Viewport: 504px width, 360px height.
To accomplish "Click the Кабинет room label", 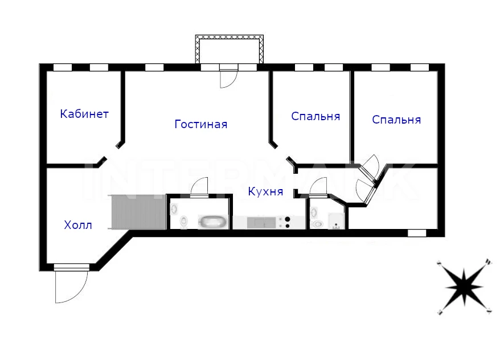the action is [84, 114].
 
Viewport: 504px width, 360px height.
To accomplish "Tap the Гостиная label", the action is [201, 124].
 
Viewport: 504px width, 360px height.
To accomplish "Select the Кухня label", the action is [265, 191].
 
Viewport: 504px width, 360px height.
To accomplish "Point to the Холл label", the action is [78, 224].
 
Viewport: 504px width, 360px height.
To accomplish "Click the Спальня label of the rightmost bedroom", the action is [396, 120].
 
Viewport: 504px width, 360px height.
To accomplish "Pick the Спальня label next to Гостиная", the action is [315, 116].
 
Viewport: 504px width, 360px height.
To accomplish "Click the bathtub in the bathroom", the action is [212, 222].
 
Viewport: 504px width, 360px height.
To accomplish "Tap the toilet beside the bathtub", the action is [184, 222].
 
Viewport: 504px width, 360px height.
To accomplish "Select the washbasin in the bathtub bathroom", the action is [174, 209].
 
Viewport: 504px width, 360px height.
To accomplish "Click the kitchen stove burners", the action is [285, 222].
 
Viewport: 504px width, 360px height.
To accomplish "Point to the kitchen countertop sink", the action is [261, 222].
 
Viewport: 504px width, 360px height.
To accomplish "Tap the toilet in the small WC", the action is [317, 224].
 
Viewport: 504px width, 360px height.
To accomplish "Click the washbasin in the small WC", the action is [314, 212].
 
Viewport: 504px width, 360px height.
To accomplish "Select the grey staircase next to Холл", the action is [138, 212].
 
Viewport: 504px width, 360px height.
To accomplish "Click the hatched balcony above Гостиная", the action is [230, 49].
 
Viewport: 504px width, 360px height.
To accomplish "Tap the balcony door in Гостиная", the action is [228, 78].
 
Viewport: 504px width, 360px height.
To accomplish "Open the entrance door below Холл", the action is [71, 284].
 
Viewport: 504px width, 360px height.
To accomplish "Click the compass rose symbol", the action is [464, 286].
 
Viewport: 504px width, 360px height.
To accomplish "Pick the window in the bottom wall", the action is [417, 233].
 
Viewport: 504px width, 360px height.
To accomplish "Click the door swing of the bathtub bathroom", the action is [199, 186].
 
